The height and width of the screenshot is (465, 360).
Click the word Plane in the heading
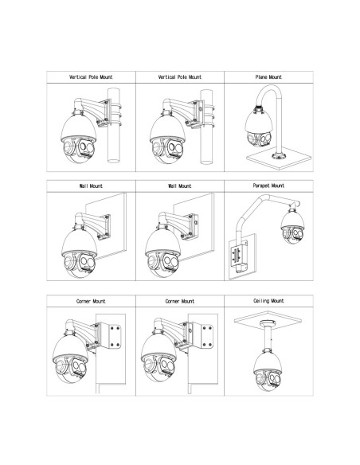(261, 77)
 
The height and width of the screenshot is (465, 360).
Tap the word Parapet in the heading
(260, 186)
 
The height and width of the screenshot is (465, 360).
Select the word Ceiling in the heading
(260, 301)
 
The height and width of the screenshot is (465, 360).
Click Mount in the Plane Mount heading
(276, 77)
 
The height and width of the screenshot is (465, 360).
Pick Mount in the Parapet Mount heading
(277, 186)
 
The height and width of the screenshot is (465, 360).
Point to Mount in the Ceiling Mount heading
(277, 301)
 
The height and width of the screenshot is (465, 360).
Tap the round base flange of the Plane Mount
(278, 156)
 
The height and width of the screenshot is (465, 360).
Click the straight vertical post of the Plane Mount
(279, 124)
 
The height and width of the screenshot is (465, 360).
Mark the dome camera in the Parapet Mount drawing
(292, 227)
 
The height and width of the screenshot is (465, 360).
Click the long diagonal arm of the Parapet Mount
(249, 209)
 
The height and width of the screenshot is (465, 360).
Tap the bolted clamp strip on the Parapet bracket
(236, 255)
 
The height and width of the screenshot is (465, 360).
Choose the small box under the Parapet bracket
(242, 268)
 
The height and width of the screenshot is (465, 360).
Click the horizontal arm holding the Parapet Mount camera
(283, 200)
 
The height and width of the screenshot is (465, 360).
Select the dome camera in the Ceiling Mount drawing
(268, 371)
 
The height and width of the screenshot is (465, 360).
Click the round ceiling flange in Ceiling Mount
(268, 323)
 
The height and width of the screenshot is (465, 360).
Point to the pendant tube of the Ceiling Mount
(268, 338)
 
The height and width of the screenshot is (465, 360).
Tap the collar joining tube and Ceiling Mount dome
(268, 350)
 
